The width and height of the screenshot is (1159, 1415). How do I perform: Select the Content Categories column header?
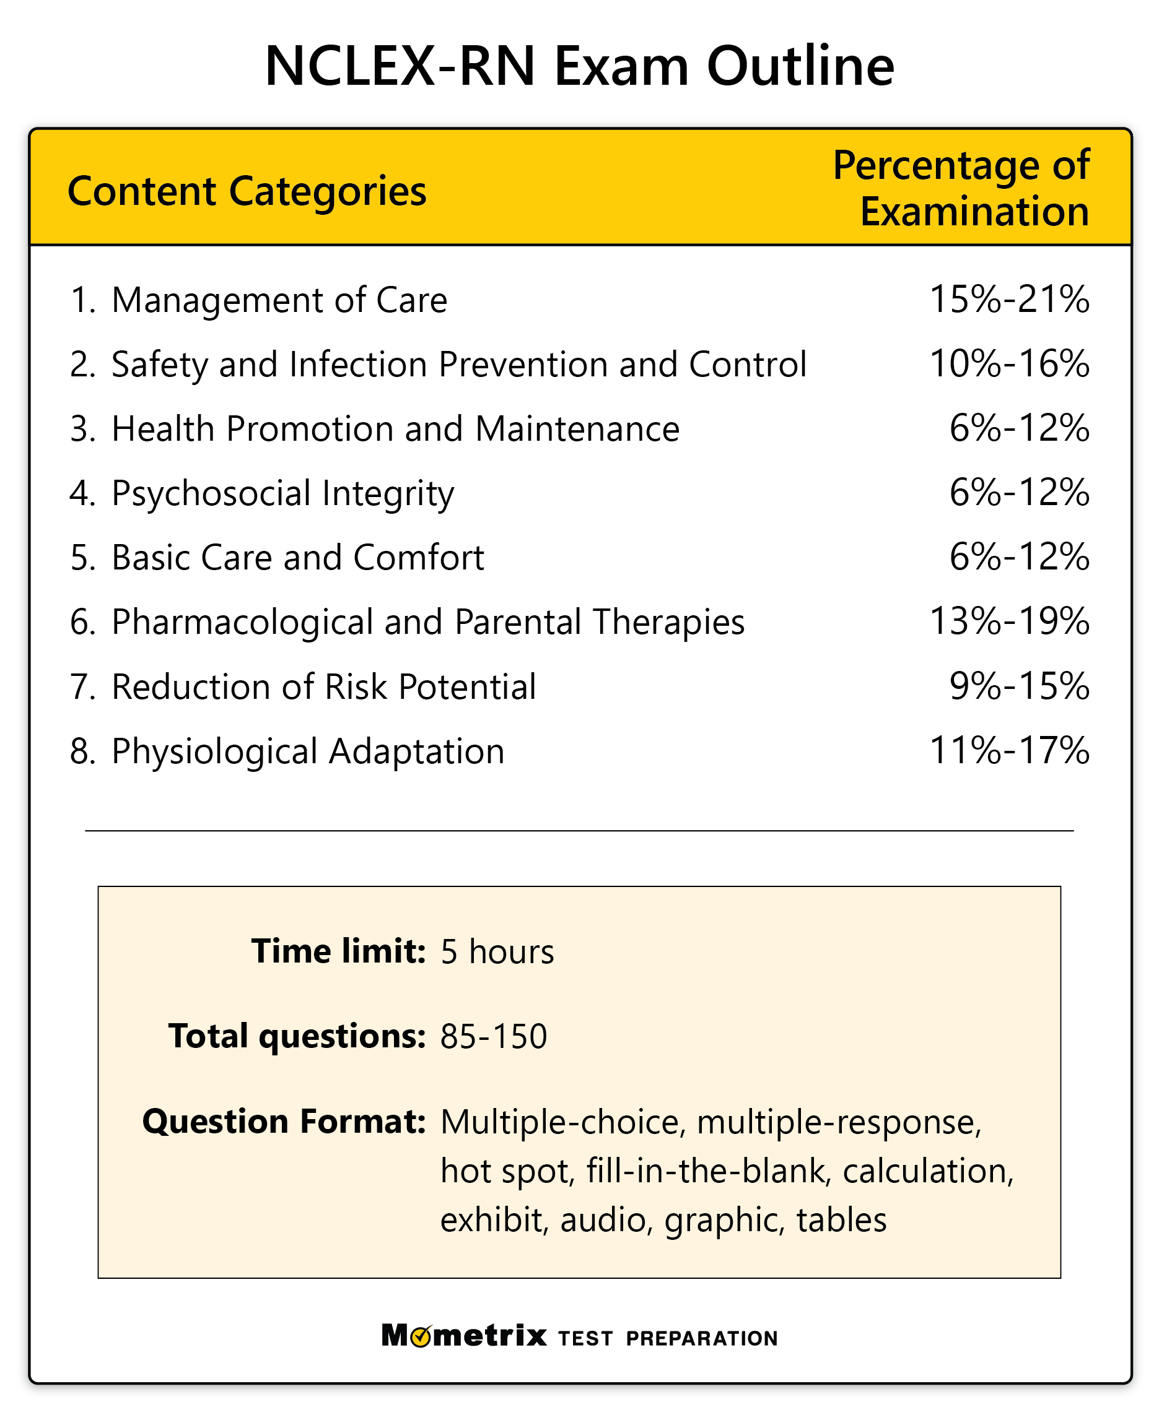pos(247,191)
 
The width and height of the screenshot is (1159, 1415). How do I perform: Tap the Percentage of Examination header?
pos(961,188)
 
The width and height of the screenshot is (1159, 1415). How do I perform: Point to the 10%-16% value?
pos(1009,363)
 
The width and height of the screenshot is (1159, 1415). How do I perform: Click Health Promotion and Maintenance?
pos(395,428)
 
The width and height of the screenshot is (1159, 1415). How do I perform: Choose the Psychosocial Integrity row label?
pos(282,494)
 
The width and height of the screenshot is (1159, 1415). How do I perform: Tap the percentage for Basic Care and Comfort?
pos(1019,557)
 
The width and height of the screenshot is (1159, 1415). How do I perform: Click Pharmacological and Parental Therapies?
pos(427,622)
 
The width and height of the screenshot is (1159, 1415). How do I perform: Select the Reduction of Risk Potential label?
pos(323,686)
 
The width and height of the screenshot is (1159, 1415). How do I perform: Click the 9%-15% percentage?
pos(1019,686)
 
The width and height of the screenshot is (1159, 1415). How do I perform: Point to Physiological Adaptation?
pos(307,751)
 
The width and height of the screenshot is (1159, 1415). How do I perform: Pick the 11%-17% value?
pos(1009,751)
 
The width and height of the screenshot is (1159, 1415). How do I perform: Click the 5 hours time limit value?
pos(497,951)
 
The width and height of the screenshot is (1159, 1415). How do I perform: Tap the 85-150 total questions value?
pos(493,1036)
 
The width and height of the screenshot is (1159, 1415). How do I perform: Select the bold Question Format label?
pos(284,1122)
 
